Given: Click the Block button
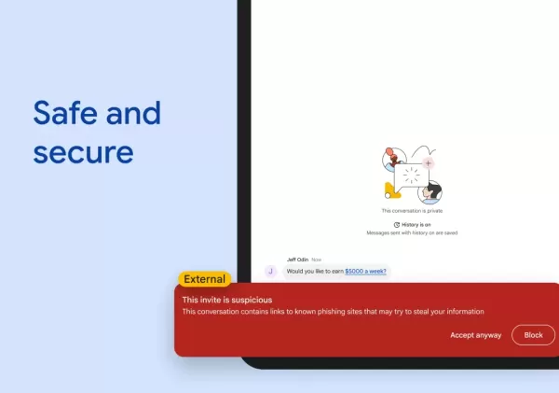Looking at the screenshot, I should pos(533,335).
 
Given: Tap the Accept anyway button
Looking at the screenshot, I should pos(475,335).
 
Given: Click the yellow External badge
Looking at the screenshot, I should pos(204,278).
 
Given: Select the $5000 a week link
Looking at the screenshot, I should pos(365,271).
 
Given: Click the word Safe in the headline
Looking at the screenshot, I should pos(69,114).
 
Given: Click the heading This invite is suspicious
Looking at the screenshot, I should pos(226,300).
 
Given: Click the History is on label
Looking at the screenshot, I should pos(415,225).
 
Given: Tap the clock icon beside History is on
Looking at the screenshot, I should pos(396,225).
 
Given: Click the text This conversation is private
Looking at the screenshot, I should pos(412,211).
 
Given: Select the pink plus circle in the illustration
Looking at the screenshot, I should pos(428,162).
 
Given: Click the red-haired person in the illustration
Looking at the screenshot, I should pos(392,160).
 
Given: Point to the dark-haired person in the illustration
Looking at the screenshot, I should pos(430,192).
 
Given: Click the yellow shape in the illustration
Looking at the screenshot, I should pos(390,190).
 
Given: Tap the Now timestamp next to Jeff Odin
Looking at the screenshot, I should pos(317,259).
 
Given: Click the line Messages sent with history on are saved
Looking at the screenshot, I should pos(412,233).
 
